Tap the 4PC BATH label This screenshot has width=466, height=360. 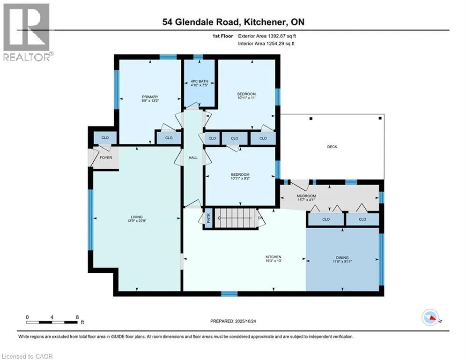(199, 81)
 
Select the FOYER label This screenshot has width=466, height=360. (106, 157)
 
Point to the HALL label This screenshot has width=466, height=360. (192, 157)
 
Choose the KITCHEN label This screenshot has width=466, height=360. (273, 257)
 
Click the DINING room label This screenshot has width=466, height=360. (342, 257)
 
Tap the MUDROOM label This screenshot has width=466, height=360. (306, 196)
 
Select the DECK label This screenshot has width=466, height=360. (332, 147)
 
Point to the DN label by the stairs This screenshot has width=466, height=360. (262, 218)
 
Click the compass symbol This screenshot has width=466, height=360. (430, 318)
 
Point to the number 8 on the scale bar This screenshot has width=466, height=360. (77, 317)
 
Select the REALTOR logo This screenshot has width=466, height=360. (26, 32)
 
